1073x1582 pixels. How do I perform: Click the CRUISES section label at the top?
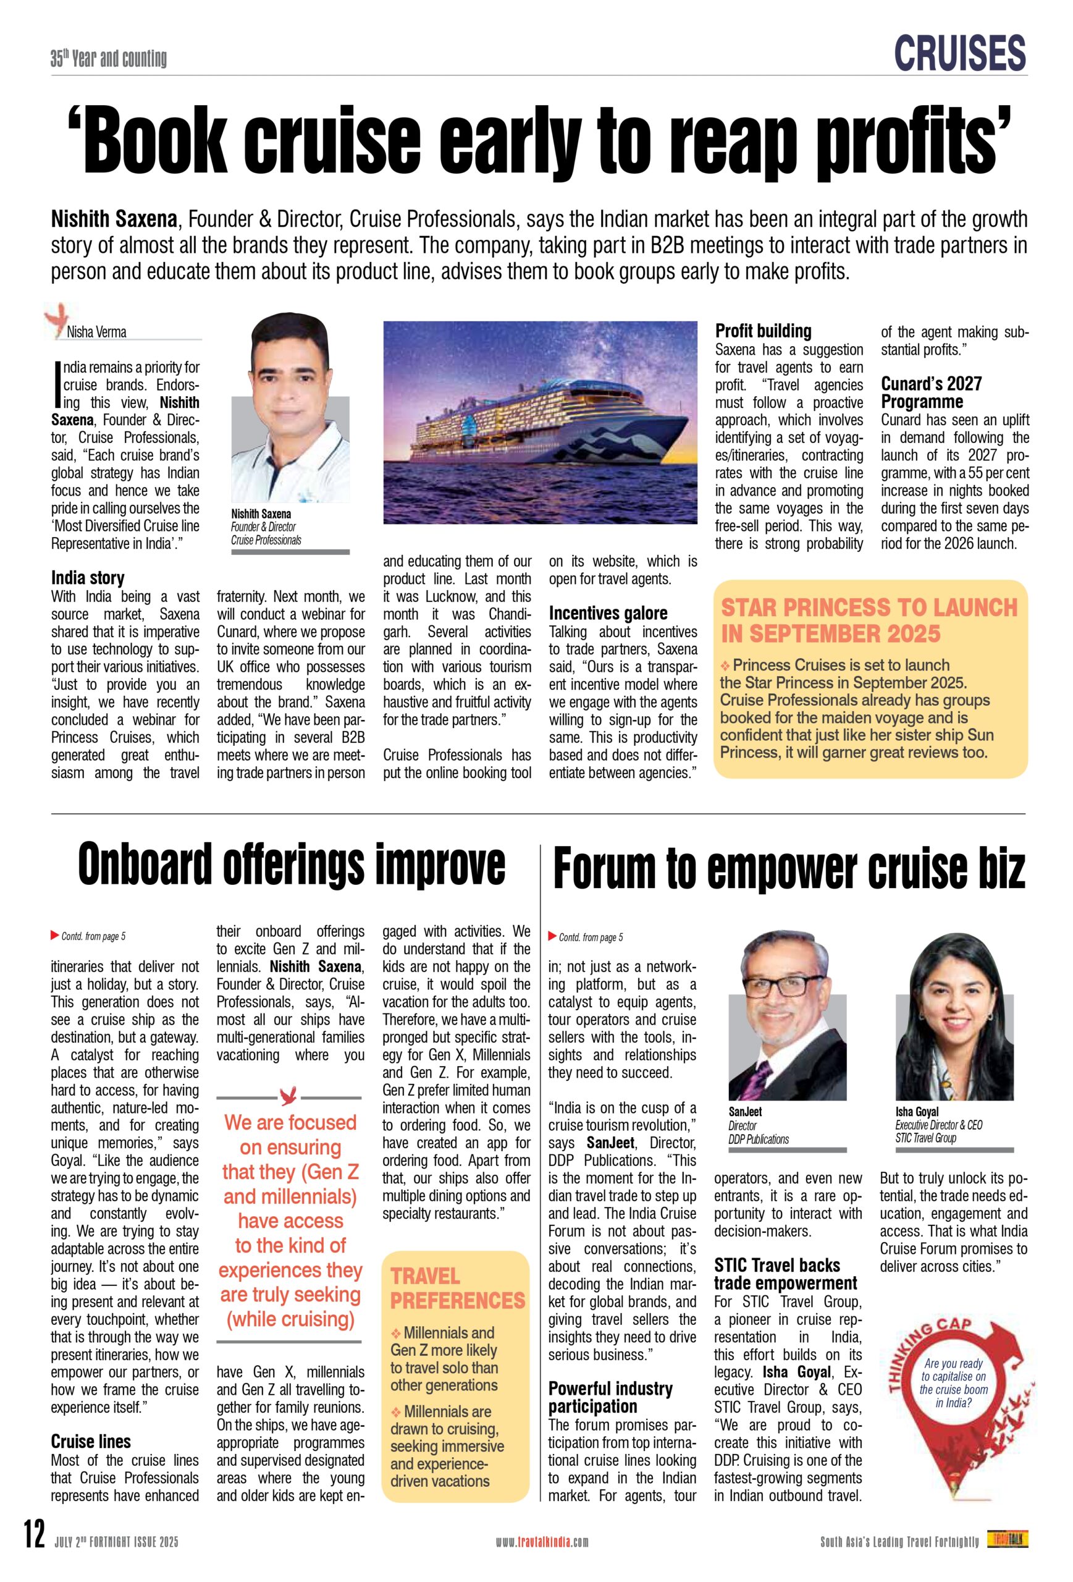[959, 53]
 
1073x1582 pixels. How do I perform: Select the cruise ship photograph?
[541, 422]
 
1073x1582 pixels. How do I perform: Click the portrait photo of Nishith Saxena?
[290, 408]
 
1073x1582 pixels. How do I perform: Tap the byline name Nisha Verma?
[96, 332]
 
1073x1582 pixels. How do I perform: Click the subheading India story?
[88, 578]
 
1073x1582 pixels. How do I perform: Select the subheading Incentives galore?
[608, 613]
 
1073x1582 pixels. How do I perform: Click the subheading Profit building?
[763, 331]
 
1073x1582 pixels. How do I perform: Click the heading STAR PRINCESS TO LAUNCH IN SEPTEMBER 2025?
[868, 620]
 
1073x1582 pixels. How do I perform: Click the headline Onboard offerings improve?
[291, 865]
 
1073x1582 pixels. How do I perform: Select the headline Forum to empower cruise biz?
[789, 869]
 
